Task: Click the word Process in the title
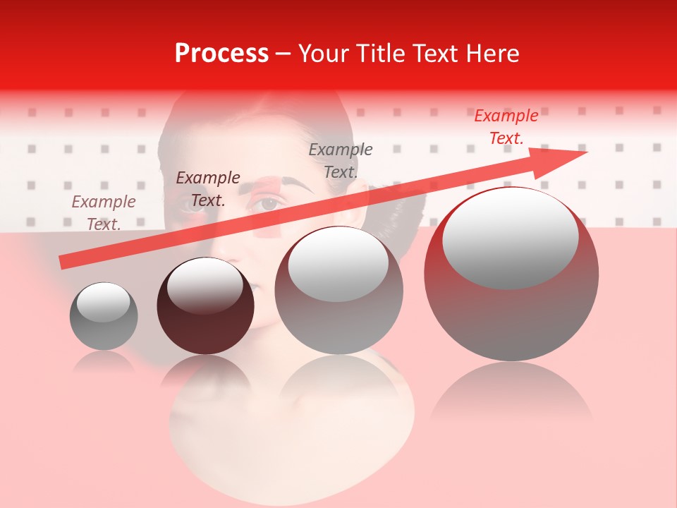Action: click(221, 54)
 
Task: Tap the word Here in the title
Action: click(492, 54)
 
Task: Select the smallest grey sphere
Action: click(104, 316)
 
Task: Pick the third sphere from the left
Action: click(338, 290)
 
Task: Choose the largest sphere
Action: click(511, 274)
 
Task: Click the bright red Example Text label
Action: click(506, 127)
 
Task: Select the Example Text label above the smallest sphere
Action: click(104, 213)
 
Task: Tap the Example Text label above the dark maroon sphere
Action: click(208, 189)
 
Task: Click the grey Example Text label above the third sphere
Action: click(341, 160)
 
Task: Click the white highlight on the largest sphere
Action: click(510, 236)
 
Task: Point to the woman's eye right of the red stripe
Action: click(269, 204)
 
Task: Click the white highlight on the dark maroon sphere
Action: click(205, 286)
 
